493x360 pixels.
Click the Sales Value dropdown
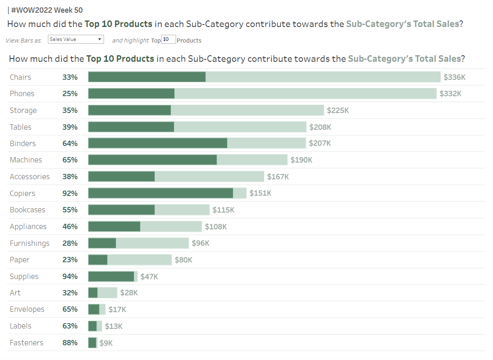coord(76,39)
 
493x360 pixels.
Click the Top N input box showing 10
coord(169,39)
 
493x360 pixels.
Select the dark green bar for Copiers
coord(161,193)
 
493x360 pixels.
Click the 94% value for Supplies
coord(70,277)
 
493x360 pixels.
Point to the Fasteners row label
coord(27,343)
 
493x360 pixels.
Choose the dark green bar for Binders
coord(158,143)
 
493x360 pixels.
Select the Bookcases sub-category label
coord(27,210)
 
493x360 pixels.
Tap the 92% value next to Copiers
coord(70,193)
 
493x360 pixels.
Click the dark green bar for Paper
coord(98,260)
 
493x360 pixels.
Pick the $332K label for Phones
coord(450,94)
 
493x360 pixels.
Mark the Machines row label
coord(26,160)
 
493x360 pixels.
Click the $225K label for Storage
coord(338,110)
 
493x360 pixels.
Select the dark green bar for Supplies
coord(111,277)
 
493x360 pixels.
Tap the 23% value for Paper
coord(70,260)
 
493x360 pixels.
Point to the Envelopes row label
coord(27,309)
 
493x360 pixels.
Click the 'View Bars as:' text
coord(24,40)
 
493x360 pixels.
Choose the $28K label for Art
coord(129,293)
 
